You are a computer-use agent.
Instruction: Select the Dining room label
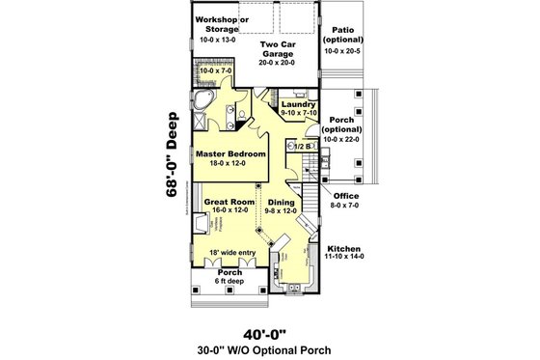pos(282,203)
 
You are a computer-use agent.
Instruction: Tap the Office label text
pos(344,197)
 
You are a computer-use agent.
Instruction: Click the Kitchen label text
pos(344,247)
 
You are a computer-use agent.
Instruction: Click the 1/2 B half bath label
pos(301,146)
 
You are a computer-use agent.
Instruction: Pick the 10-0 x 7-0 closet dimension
pos(217,70)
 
